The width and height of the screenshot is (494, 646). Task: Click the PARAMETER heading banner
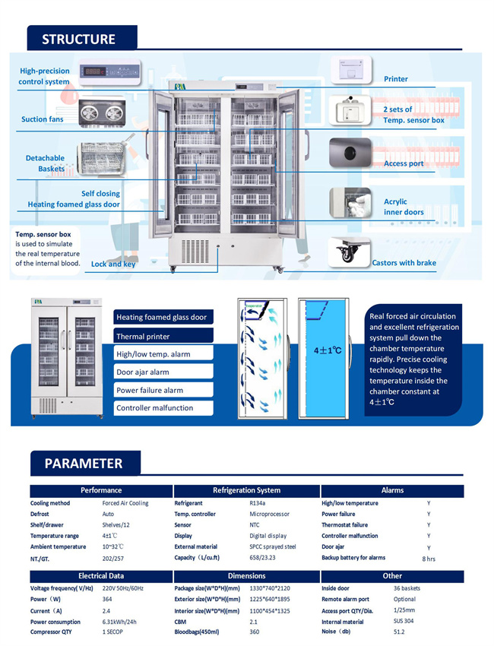[83, 463]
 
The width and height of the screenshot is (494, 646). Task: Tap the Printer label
[395, 79]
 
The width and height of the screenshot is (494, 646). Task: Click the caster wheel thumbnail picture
[350, 253]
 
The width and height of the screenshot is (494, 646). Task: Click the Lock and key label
[113, 264]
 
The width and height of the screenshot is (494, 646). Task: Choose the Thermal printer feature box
[163, 336]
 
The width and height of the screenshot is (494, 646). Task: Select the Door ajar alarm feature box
[163, 372]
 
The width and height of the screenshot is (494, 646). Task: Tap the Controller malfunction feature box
[163, 408]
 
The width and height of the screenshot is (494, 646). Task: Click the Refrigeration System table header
[246, 490]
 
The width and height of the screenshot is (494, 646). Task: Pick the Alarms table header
[392, 490]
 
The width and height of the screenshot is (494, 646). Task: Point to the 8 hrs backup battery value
[429, 559]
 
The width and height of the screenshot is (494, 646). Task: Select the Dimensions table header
[246, 576]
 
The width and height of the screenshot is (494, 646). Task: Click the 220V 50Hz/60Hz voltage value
[125, 589]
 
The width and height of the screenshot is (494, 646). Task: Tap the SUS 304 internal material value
[404, 622]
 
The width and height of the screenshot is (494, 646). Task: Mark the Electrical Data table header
[101, 576]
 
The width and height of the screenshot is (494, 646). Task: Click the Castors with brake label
[404, 263]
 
